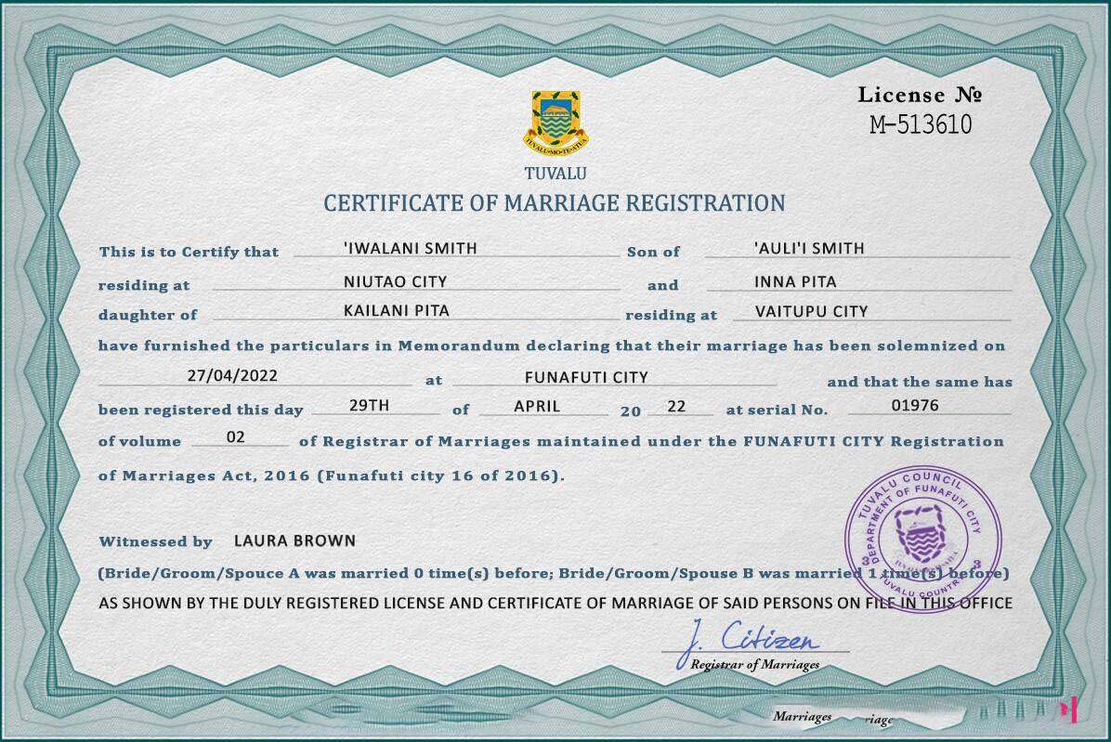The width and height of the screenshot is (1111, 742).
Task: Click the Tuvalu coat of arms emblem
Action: coord(555,122)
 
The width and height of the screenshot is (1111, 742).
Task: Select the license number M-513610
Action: coord(921,124)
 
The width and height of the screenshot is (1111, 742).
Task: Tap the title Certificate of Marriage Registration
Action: coord(554,203)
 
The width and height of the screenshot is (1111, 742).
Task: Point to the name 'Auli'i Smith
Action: coord(809,249)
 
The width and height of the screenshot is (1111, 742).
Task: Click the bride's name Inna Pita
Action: coord(795,281)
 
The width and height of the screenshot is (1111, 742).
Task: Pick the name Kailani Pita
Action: coord(397,312)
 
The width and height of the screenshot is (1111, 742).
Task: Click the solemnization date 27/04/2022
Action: coord(231,377)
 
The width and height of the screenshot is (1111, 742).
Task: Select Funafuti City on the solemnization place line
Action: coord(586,377)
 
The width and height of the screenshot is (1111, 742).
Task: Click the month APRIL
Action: coord(537,406)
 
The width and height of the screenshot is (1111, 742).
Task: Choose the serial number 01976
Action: coord(915,405)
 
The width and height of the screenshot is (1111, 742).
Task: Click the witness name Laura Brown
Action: coord(294,540)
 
